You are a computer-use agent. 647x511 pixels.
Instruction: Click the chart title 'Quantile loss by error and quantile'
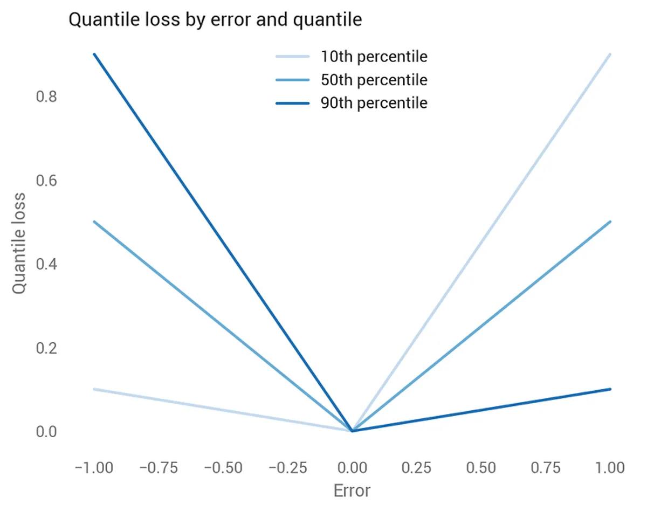tap(215, 20)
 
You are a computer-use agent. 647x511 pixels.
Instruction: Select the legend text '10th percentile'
tap(374, 57)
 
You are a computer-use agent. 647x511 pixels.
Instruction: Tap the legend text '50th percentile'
tap(374, 80)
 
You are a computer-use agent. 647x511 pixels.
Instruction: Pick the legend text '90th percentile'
tap(374, 103)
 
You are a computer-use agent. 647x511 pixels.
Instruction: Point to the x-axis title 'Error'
tap(352, 491)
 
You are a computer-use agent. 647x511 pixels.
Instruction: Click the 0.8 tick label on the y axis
tap(46, 97)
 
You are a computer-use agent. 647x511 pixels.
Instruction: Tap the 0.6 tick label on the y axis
tap(46, 181)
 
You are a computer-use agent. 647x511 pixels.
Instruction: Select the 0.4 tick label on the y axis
tap(46, 264)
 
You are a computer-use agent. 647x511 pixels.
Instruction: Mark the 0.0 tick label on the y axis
tap(46, 432)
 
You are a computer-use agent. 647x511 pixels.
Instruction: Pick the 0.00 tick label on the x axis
tap(352, 467)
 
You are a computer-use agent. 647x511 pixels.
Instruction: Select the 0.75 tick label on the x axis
tap(546, 467)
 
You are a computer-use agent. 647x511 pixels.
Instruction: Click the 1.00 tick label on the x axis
tap(610, 467)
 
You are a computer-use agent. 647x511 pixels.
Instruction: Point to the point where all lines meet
tap(352, 431)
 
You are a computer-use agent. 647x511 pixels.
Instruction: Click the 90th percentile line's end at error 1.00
tap(610, 389)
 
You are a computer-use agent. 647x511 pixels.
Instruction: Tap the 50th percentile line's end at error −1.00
tap(94, 221)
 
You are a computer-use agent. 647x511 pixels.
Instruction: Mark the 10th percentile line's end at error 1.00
tap(610, 54)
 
